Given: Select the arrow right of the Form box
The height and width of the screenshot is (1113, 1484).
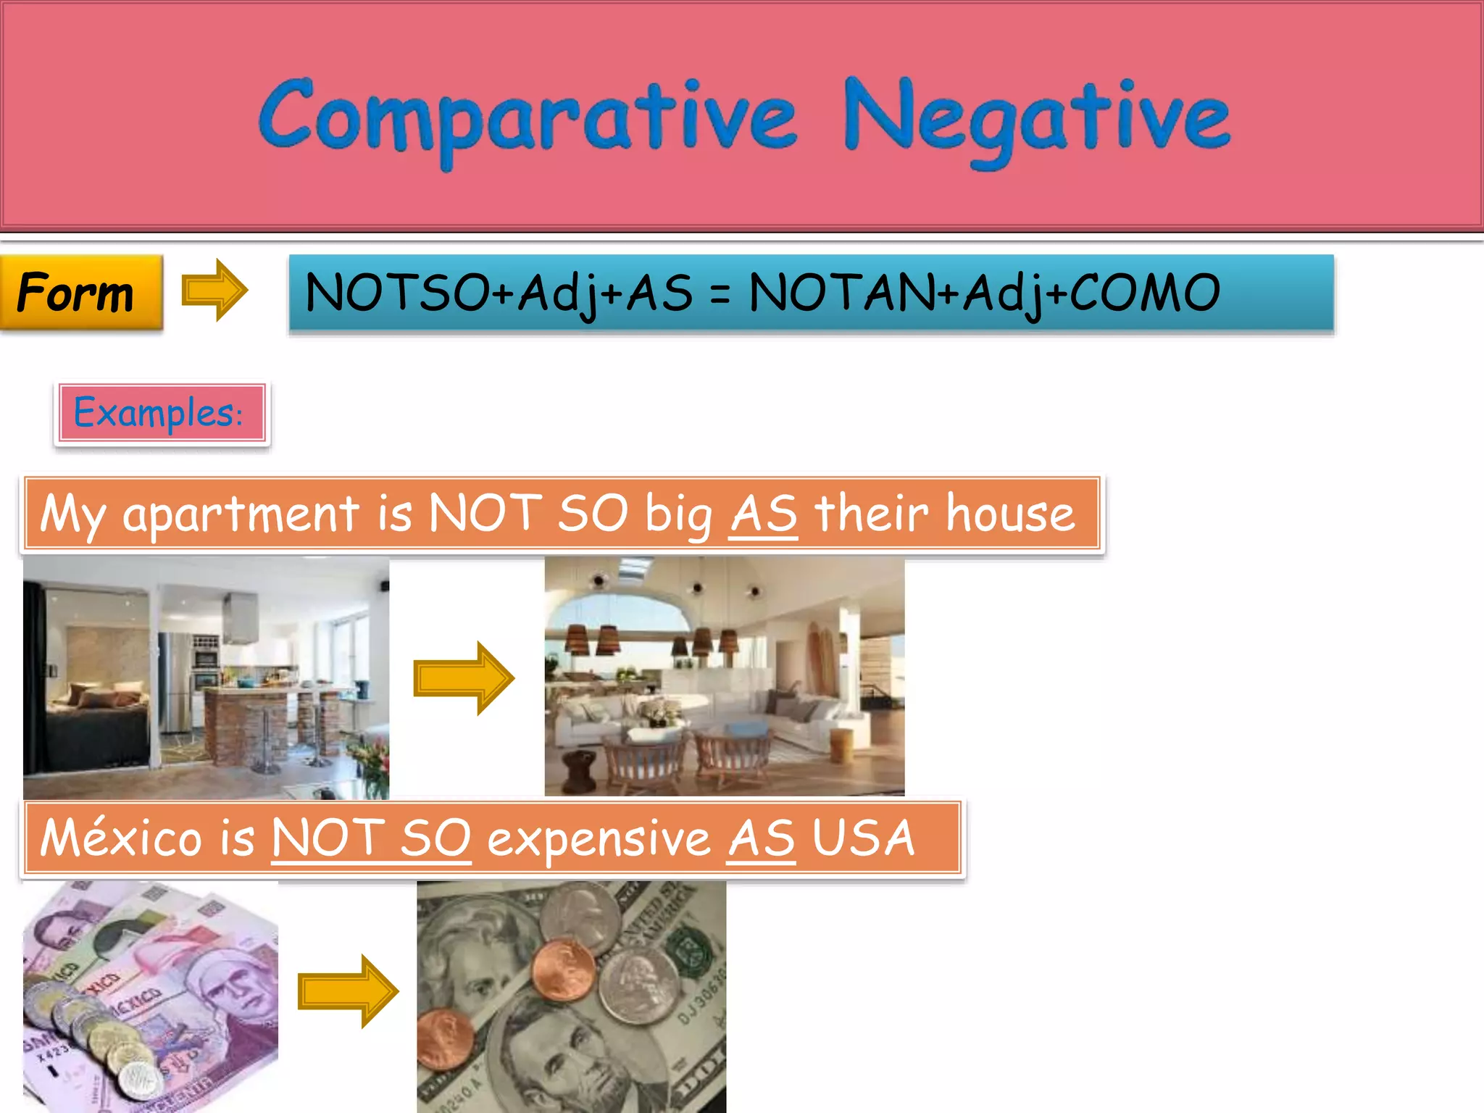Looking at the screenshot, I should click(214, 291).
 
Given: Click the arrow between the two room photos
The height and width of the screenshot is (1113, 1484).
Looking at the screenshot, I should click(464, 678).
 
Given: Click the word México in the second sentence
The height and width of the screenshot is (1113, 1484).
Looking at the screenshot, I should click(120, 838).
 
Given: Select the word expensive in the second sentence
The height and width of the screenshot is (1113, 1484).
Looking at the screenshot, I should click(599, 838).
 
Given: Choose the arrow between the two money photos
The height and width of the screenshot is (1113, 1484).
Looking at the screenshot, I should click(348, 991).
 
